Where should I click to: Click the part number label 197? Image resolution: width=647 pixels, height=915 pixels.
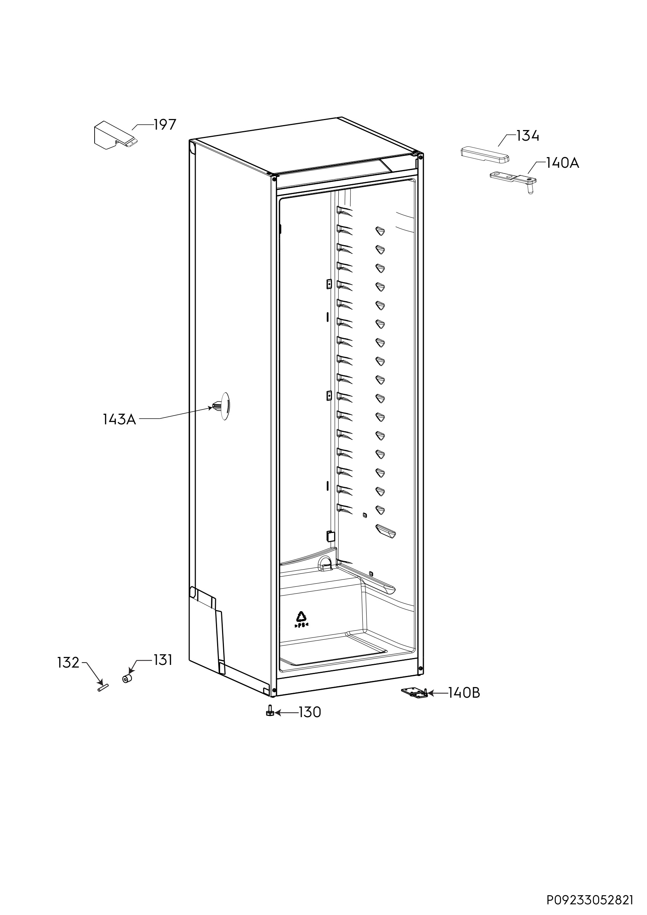pyautogui.click(x=165, y=125)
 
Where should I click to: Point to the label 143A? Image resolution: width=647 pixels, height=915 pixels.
pyautogui.click(x=119, y=419)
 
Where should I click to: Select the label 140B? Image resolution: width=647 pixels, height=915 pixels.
pyautogui.click(x=464, y=693)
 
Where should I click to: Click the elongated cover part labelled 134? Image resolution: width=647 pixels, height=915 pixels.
pyautogui.click(x=485, y=154)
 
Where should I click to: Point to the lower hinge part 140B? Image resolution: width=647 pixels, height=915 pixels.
pyautogui.click(x=415, y=693)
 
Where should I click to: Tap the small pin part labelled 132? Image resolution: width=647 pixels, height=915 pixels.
pyautogui.click(x=103, y=687)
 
